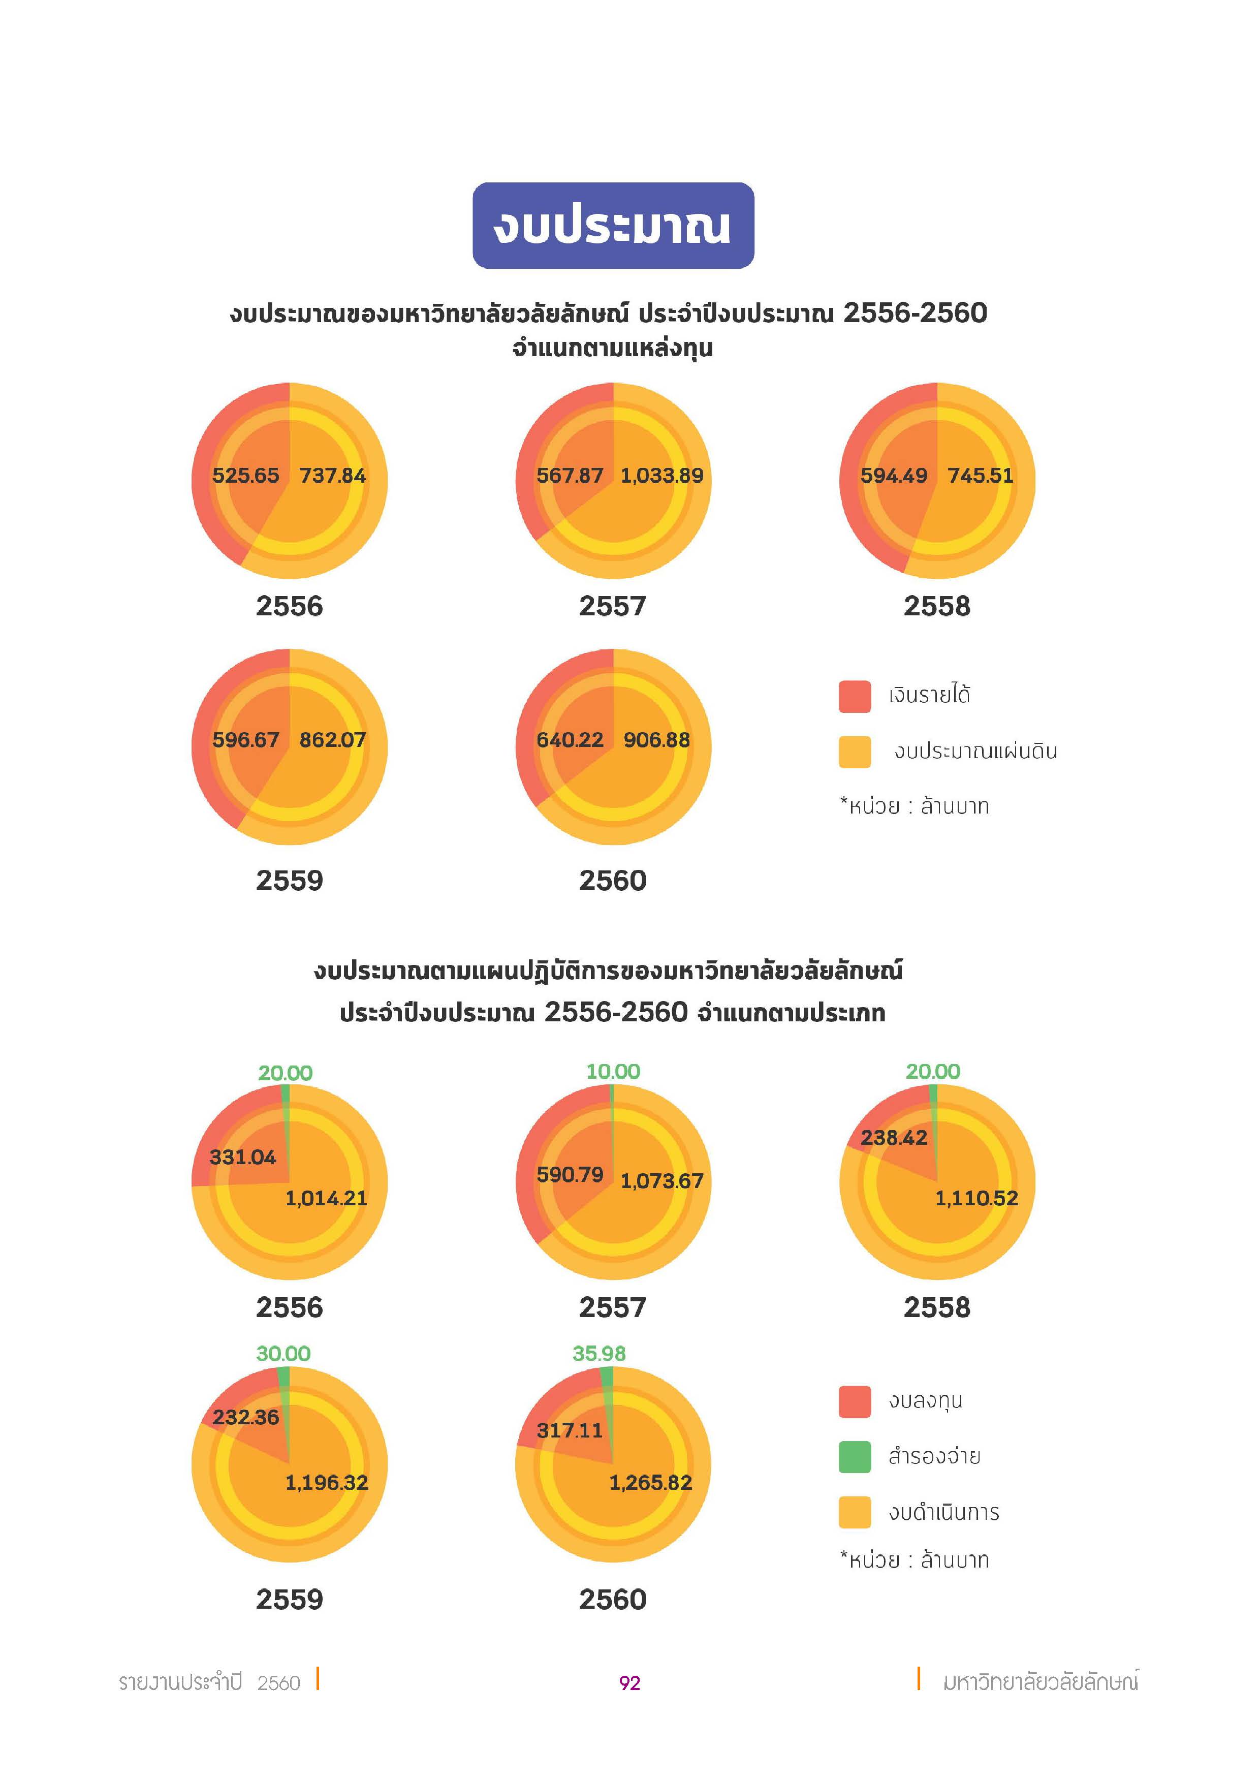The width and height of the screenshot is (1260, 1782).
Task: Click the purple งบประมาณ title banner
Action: pyautogui.click(x=613, y=226)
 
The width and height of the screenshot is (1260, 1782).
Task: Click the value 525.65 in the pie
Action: pyautogui.click(x=245, y=475)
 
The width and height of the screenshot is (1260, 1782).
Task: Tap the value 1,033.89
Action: pyautogui.click(x=662, y=475)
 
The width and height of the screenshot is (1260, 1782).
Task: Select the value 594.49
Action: pyautogui.click(x=893, y=475)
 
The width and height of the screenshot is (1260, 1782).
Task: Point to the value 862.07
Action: pyautogui.click(x=332, y=740)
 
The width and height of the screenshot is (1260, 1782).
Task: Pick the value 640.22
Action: pyautogui.click(x=570, y=740)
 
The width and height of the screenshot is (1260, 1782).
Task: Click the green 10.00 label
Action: pyautogui.click(x=613, y=1072)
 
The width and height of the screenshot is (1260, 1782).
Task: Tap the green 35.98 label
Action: pyautogui.click(x=599, y=1354)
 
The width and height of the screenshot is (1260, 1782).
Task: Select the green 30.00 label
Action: pyautogui.click(x=283, y=1354)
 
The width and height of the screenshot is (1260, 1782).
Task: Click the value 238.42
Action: pyautogui.click(x=893, y=1138)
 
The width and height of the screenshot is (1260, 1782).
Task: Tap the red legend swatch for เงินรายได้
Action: pyautogui.click(x=854, y=696)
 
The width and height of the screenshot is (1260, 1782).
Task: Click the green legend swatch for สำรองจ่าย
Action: pyautogui.click(x=854, y=1457)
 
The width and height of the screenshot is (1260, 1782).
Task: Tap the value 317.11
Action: pyautogui.click(x=570, y=1430)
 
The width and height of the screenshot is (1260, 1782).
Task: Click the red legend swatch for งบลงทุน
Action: pyautogui.click(x=854, y=1401)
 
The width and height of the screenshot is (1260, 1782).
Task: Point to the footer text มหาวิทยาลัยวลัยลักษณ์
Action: pyautogui.click(x=1039, y=1682)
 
